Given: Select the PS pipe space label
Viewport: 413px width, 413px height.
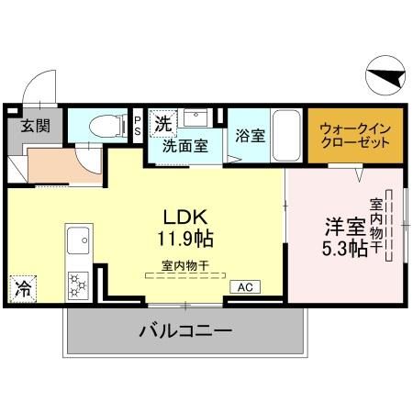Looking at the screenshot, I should (x=138, y=126).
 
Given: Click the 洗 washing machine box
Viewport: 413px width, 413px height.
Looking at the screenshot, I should (x=162, y=122).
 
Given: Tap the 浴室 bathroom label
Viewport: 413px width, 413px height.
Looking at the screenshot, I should (x=250, y=136).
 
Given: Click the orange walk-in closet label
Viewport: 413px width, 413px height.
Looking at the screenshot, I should (x=354, y=137).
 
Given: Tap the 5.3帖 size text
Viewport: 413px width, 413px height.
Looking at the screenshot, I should (x=345, y=248).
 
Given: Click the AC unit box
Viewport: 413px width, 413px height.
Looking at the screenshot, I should (x=245, y=287).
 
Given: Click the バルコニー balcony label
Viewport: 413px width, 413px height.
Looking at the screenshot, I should (x=184, y=331).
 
